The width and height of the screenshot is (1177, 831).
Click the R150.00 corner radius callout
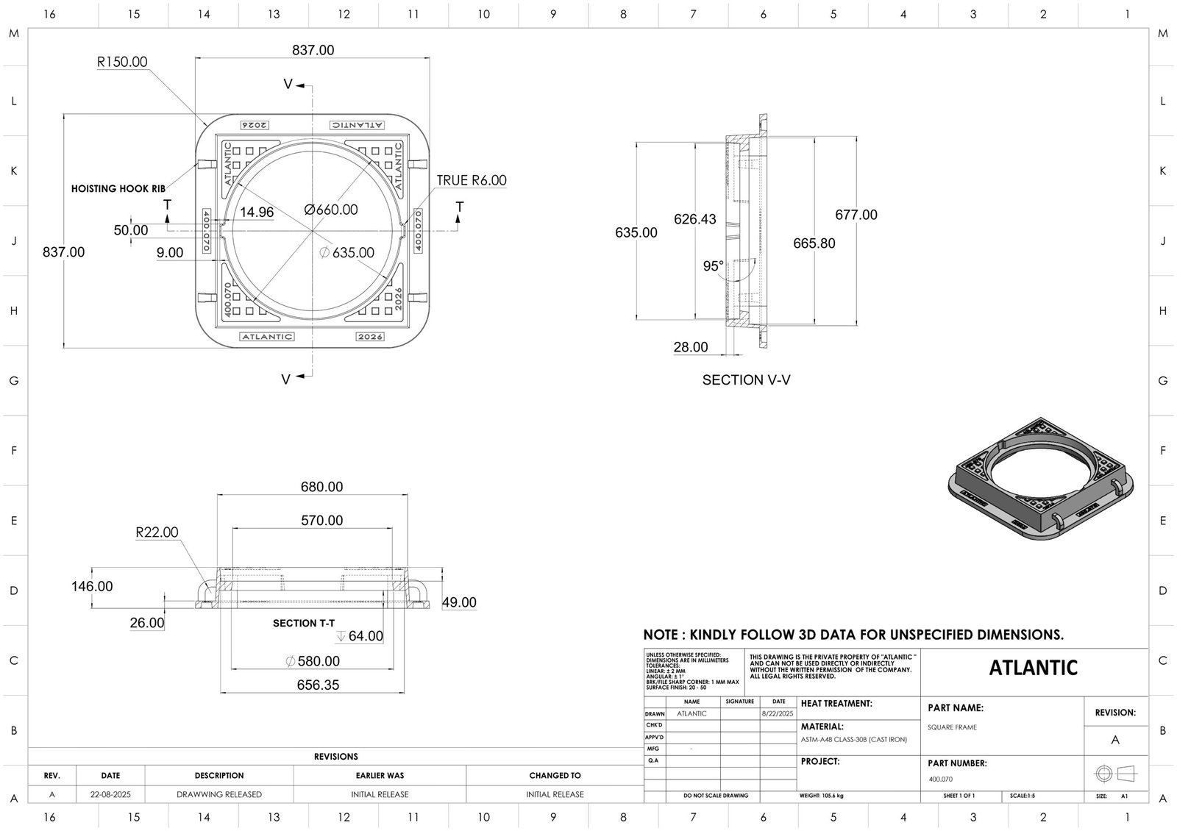click(x=122, y=62)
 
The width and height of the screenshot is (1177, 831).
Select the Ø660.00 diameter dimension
click(x=331, y=210)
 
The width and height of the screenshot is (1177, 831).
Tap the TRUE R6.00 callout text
click(x=472, y=180)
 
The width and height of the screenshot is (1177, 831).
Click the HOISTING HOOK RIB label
click(x=118, y=189)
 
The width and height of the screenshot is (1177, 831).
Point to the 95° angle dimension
click(x=713, y=266)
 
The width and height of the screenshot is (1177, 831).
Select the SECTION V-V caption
click(x=746, y=380)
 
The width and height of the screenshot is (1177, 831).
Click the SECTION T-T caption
click(x=304, y=623)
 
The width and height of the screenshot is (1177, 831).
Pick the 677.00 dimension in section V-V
click(x=856, y=215)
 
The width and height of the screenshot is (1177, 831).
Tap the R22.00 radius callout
click(x=157, y=532)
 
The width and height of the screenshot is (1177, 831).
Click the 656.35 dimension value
click(x=318, y=685)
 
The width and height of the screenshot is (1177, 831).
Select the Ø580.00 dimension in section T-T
click(x=313, y=661)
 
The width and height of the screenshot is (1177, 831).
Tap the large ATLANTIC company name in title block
click(x=1034, y=668)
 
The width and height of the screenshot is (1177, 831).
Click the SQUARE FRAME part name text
click(x=952, y=727)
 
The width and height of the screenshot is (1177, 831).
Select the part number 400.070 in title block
click(x=940, y=779)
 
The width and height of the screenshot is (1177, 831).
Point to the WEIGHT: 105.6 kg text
click(x=821, y=796)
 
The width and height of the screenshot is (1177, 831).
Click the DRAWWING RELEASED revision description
click(x=219, y=794)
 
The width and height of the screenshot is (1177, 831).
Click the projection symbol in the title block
click(x=1115, y=774)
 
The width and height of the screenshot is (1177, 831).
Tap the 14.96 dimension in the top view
click(x=257, y=213)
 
